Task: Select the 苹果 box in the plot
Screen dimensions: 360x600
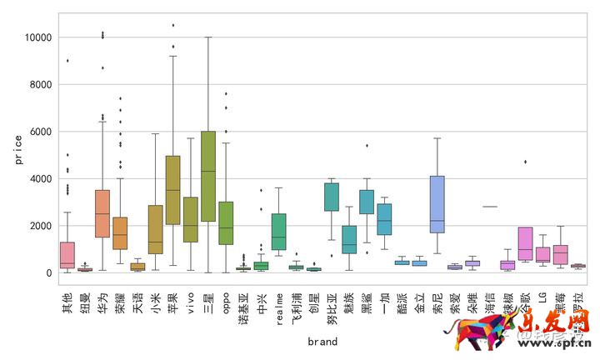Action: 172,190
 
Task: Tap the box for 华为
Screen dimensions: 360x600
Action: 102,213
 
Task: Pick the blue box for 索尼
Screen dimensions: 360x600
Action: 437,204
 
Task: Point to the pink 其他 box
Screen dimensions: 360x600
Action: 67,254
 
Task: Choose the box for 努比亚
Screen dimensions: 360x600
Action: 332,197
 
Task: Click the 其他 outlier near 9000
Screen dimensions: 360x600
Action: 67,60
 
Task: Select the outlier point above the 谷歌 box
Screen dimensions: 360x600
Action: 525,162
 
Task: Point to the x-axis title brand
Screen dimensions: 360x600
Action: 322,341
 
